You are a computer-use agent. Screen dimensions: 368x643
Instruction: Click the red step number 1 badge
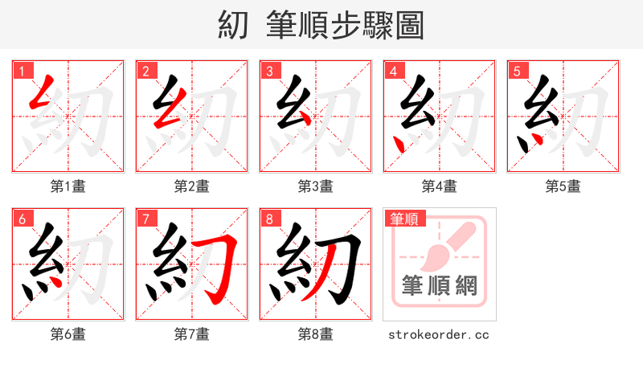tap(22, 71)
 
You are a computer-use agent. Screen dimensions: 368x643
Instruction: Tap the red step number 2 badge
tap(145, 71)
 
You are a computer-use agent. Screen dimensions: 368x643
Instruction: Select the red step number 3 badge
tap(269, 71)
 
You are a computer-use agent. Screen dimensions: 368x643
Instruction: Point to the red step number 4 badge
tap(393, 71)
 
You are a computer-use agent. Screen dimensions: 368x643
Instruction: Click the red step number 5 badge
tap(517, 71)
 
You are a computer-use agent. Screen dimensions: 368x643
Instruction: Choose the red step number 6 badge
tap(22, 219)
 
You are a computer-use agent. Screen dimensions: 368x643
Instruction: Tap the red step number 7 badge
tap(145, 219)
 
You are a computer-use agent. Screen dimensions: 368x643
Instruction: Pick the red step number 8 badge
tap(269, 219)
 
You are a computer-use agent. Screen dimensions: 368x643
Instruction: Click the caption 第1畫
tap(68, 186)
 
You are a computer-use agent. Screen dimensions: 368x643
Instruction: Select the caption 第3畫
tap(315, 186)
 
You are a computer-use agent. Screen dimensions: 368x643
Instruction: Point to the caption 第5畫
tap(563, 186)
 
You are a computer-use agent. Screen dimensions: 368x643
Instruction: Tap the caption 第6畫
tap(68, 334)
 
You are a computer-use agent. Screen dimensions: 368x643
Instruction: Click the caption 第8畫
tap(315, 334)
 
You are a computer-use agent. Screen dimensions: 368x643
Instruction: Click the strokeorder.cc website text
tap(439, 334)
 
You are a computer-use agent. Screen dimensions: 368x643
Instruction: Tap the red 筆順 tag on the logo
tap(404, 219)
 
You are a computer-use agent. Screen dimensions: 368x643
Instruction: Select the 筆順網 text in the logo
tap(439, 285)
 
